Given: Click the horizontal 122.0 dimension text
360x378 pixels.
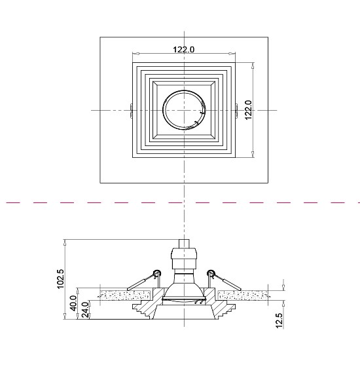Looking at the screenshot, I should [x=183, y=49].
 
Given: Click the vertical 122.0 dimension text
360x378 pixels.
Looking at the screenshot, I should [x=247, y=109].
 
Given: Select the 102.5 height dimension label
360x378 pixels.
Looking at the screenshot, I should [x=61, y=278].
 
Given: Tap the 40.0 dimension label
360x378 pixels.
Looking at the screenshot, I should [x=74, y=305].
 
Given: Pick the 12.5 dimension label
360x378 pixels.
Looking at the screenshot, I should [x=279, y=320].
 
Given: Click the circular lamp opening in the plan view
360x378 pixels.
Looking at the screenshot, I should [x=185, y=110].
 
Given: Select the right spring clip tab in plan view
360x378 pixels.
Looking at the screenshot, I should [x=236, y=110].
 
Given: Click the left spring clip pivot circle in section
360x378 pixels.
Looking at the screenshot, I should [x=157, y=273].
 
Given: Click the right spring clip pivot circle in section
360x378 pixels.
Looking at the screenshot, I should [x=211, y=273].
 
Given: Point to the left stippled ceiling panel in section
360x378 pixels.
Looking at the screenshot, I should [x=124, y=295].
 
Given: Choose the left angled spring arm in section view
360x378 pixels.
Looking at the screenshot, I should [x=141, y=282].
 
